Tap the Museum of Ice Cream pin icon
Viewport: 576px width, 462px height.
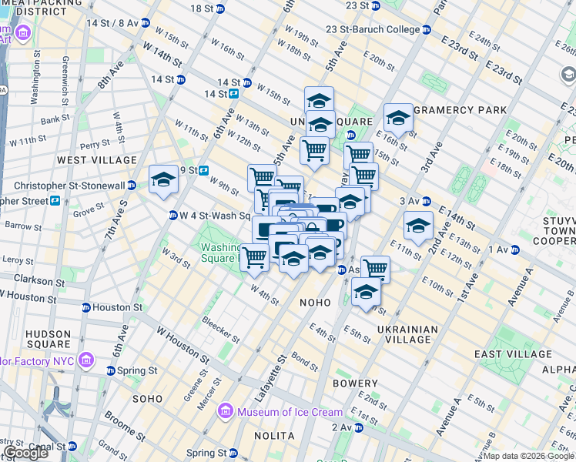tap(226, 412)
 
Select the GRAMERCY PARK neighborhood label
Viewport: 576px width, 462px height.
tap(460, 110)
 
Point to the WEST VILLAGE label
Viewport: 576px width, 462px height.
tap(97, 160)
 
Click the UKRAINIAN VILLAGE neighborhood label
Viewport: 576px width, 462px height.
tap(407, 334)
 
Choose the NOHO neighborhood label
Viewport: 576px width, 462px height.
tap(316, 303)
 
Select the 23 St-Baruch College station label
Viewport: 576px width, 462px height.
tap(373, 30)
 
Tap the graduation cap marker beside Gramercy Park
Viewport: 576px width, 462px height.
tap(398, 119)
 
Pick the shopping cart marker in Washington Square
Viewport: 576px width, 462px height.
tap(254, 258)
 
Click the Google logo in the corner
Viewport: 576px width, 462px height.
tap(26, 453)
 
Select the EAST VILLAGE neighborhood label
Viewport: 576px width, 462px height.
tap(505, 353)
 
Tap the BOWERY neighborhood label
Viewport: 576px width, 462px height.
tap(355, 383)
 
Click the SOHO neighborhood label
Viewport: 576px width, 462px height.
tap(147, 399)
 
